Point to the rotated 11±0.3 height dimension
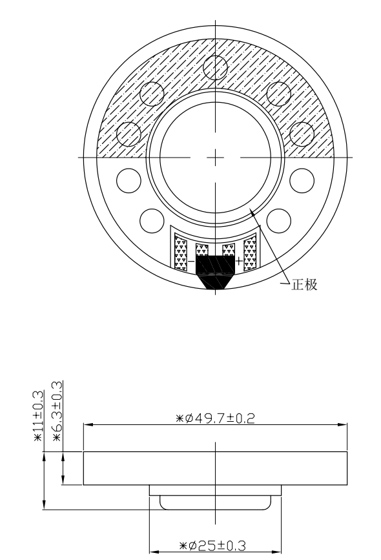38,416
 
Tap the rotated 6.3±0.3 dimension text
57,411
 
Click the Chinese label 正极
304,285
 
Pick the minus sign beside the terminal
191,262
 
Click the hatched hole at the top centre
215,67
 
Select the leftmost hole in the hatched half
129,134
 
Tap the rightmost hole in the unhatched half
302,180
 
